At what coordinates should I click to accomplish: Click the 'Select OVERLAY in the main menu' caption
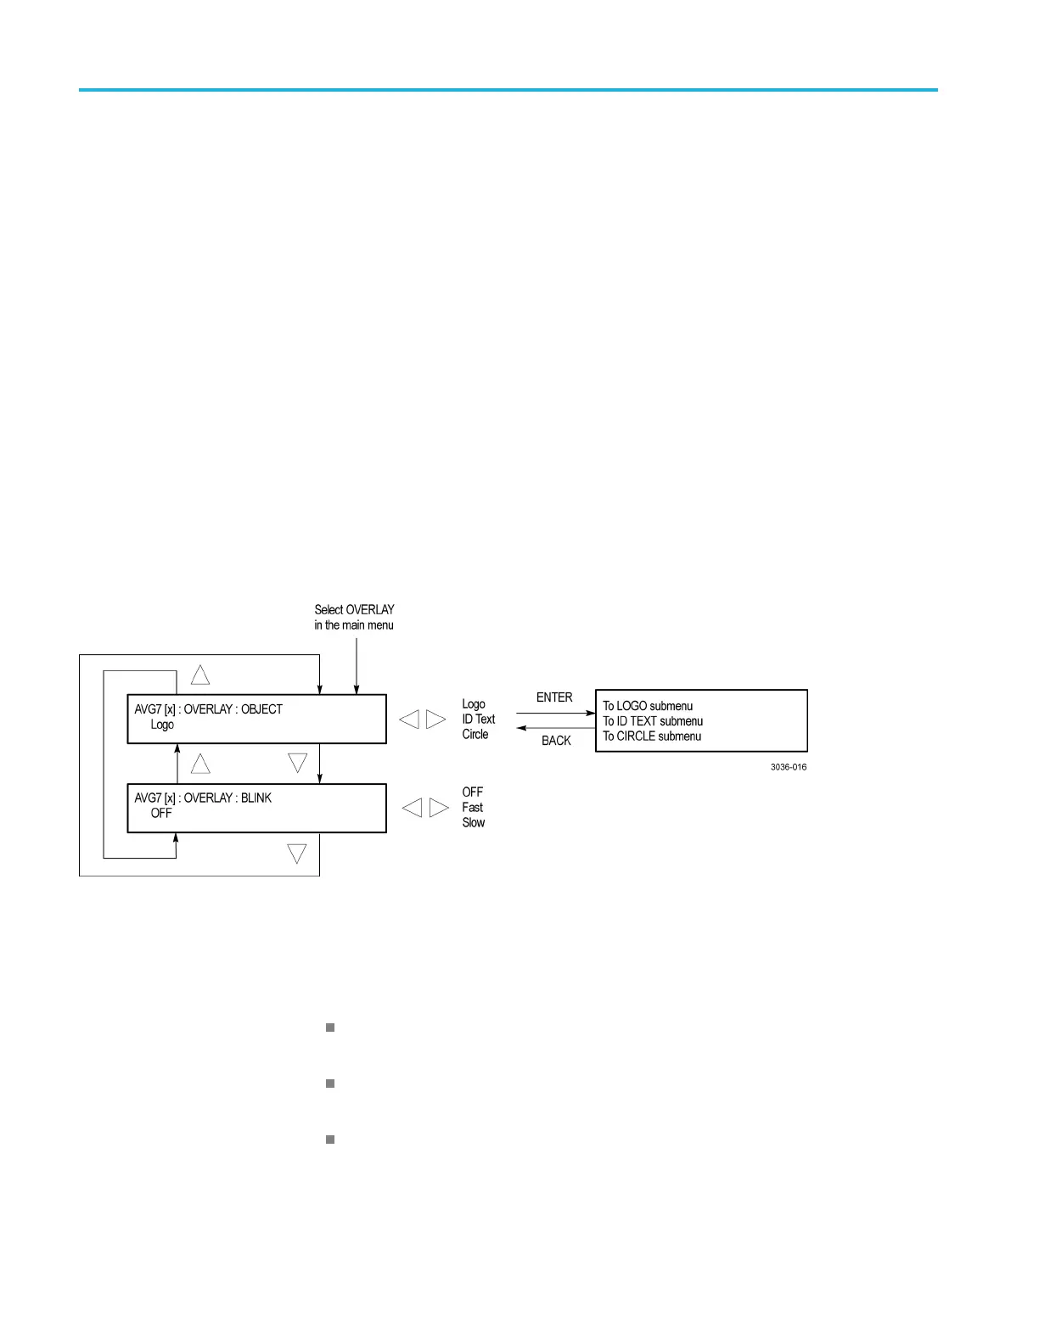(x=354, y=617)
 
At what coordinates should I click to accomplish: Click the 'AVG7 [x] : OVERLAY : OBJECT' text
(x=208, y=709)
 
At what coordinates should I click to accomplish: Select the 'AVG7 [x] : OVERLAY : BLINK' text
(x=203, y=798)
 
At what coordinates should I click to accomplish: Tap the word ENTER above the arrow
(x=554, y=697)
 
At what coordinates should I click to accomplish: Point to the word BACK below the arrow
(x=556, y=741)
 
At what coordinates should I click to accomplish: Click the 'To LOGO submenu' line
(x=648, y=706)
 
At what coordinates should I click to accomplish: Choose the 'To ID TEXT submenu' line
(x=653, y=721)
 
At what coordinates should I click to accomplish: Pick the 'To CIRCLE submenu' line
(x=652, y=736)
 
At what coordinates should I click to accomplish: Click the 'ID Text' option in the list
(x=479, y=720)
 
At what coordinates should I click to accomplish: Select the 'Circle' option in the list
(x=475, y=735)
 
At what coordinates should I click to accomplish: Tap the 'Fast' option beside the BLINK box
(x=473, y=808)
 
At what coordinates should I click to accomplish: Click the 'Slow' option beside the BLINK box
(x=474, y=823)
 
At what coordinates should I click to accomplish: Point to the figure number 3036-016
(x=789, y=767)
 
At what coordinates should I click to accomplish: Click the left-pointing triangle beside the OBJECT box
(x=409, y=720)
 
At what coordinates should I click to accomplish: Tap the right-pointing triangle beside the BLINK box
(x=439, y=808)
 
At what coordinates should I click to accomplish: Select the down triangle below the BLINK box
(x=297, y=854)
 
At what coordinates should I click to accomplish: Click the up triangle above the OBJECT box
(x=200, y=675)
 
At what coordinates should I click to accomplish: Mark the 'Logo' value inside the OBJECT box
(x=162, y=725)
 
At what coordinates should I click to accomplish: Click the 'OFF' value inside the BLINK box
(x=161, y=814)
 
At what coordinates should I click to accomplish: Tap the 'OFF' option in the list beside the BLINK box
(x=473, y=792)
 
